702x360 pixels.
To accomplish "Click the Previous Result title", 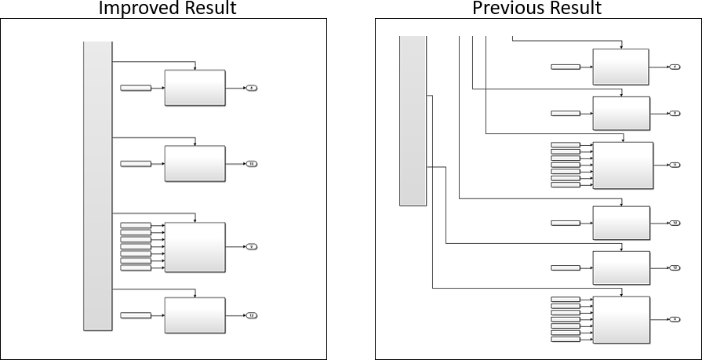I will [537, 9].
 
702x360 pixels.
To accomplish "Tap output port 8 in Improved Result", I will [251, 88].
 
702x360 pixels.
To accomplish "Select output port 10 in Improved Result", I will [251, 164].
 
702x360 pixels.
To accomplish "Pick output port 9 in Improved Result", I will [251, 246].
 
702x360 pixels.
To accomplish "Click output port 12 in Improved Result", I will [251, 315].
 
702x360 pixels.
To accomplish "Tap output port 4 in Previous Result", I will [675, 67].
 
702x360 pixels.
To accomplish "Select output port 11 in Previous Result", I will [675, 165].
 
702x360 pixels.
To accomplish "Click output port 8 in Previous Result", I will [675, 114].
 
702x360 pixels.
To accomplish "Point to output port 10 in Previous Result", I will [675, 224].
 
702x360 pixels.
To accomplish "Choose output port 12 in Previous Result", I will [675, 268].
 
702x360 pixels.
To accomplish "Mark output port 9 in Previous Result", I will [675, 319].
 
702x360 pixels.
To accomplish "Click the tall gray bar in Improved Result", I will [98, 186].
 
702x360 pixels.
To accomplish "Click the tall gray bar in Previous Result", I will [413, 121].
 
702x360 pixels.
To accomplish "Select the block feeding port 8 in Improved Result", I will [195, 88].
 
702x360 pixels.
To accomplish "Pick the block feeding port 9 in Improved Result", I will [195, 246].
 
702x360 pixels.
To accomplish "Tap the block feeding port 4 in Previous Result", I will [620, 67].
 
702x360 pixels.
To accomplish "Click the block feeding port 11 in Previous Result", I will [623, 165].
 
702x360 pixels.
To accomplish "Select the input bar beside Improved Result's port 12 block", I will [135, 315].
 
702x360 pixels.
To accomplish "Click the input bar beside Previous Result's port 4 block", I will [566, 67].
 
